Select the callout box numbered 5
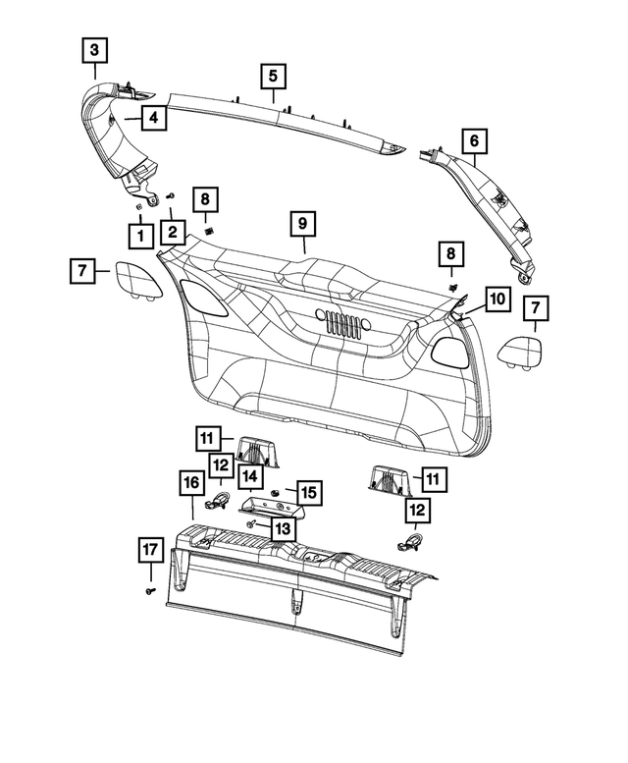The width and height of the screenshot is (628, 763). (x=273, y=75)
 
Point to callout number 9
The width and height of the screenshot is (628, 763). (x=303, y=225)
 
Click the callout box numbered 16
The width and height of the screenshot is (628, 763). (x=192, y=484)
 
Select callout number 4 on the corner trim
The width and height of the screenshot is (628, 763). (x=152, y=119)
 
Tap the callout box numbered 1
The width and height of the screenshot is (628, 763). (x=140, y=235)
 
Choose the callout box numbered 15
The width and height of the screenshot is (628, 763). (x=308, y=491)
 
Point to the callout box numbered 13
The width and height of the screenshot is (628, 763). (x=282, y=528)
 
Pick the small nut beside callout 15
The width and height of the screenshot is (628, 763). (x=279, y=491)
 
